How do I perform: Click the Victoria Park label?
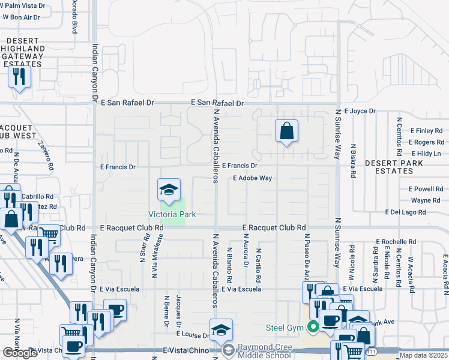(x=173, y=214)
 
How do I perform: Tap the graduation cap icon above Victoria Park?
(x=169, y=190)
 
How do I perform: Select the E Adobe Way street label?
(x=253, y=178)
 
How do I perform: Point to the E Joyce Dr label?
(x=358, y=111)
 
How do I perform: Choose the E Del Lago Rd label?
(x=405, y=212)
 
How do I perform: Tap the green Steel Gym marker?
(x=312, y=327)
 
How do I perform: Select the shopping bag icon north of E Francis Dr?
(x=286, y=131)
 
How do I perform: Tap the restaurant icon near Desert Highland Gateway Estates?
(x=19, y=76)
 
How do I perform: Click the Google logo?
(x=20, y=353)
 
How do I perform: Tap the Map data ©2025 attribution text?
(x=424, y=355)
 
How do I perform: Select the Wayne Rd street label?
(x=426, y=200)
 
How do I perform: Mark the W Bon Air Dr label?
(x=20, y=17)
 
